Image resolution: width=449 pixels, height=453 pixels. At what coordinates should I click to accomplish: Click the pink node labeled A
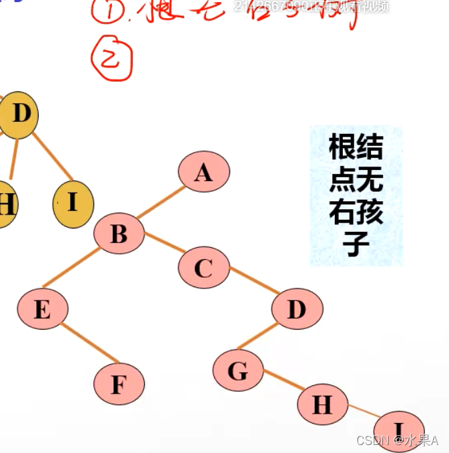tap(203, 172)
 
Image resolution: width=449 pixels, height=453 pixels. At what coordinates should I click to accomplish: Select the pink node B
tap(119, 233)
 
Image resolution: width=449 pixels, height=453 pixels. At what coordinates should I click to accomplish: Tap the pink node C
tap(203, 268)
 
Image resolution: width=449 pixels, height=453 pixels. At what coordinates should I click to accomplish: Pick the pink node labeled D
tap(297, 308)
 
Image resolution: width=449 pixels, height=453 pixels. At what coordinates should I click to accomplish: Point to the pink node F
tap(119, 384)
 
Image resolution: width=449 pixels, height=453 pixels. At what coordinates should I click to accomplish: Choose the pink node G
tap(238, 370)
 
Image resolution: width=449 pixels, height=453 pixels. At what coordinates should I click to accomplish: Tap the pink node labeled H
tap(322, 404)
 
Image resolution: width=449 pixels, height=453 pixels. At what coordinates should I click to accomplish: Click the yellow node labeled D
tap(19, 115)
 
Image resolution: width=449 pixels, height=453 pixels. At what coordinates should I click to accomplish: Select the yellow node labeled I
tap(73, 203)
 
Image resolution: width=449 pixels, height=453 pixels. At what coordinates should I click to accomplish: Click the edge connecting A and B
tap(161, 203)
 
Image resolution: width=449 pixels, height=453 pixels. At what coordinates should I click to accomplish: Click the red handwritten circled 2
tap(111, 59)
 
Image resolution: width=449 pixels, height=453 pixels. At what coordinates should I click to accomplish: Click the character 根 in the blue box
tap(342, 147)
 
